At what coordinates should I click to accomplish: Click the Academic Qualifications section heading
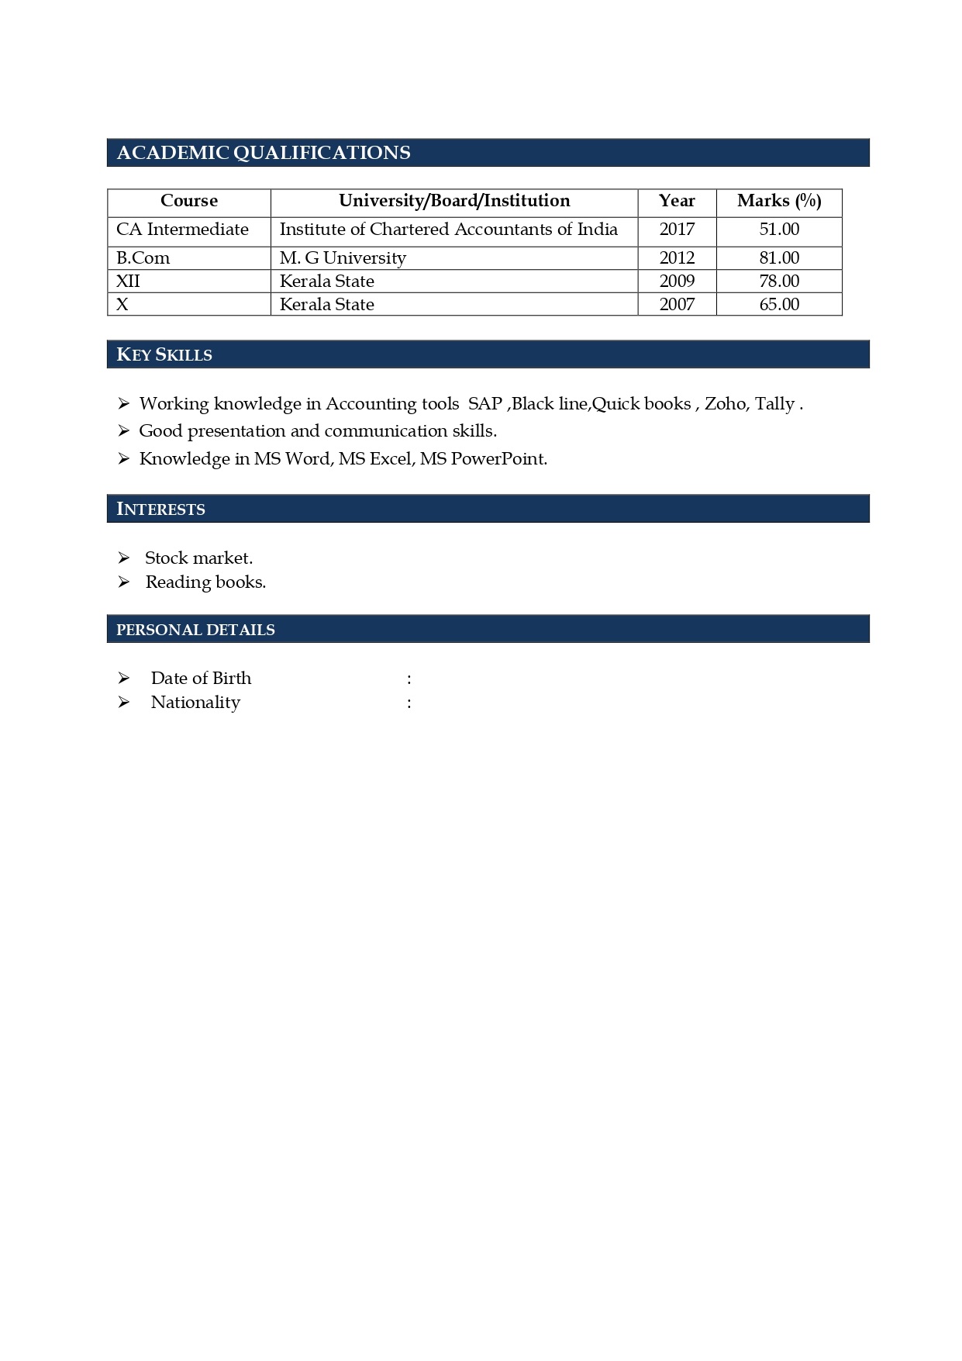pos(264,153)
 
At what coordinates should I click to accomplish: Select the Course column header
pos(188,201)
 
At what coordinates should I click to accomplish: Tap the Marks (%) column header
pos(779,201)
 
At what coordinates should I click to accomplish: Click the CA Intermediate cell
pos(182,230)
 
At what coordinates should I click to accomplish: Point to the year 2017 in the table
pos(677,230)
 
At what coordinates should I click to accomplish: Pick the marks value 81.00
pos(779,258)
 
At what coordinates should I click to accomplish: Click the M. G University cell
pos(343,258)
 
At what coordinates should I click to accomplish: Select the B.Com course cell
pos(143,258)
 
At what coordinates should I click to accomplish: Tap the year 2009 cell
pos(677,282)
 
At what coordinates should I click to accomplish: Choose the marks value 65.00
pos(779,305)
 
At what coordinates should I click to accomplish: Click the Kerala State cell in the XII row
pos(326,282)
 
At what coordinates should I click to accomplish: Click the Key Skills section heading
pos(164,354)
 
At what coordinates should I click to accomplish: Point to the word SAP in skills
pos(485,404)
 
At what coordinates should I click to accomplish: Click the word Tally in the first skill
pos(774,404)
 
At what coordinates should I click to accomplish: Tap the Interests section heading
pos(160,509)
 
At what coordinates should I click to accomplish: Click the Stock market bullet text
pos(198,558)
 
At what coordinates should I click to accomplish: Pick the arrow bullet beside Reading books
pos(123,582)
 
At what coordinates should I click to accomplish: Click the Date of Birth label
pos(201,679)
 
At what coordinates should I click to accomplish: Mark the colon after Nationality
pos(409,703)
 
